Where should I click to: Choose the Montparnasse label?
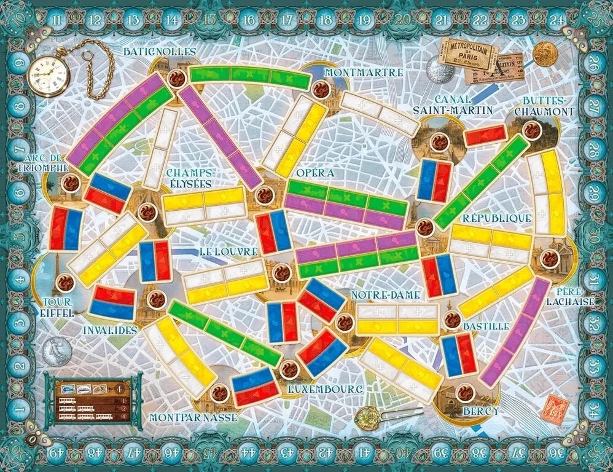[193, 417]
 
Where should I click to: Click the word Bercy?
[480, 410]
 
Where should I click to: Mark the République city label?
[496, 218]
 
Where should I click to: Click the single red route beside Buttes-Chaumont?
[485, 135]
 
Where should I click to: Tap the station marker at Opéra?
[265, 195]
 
